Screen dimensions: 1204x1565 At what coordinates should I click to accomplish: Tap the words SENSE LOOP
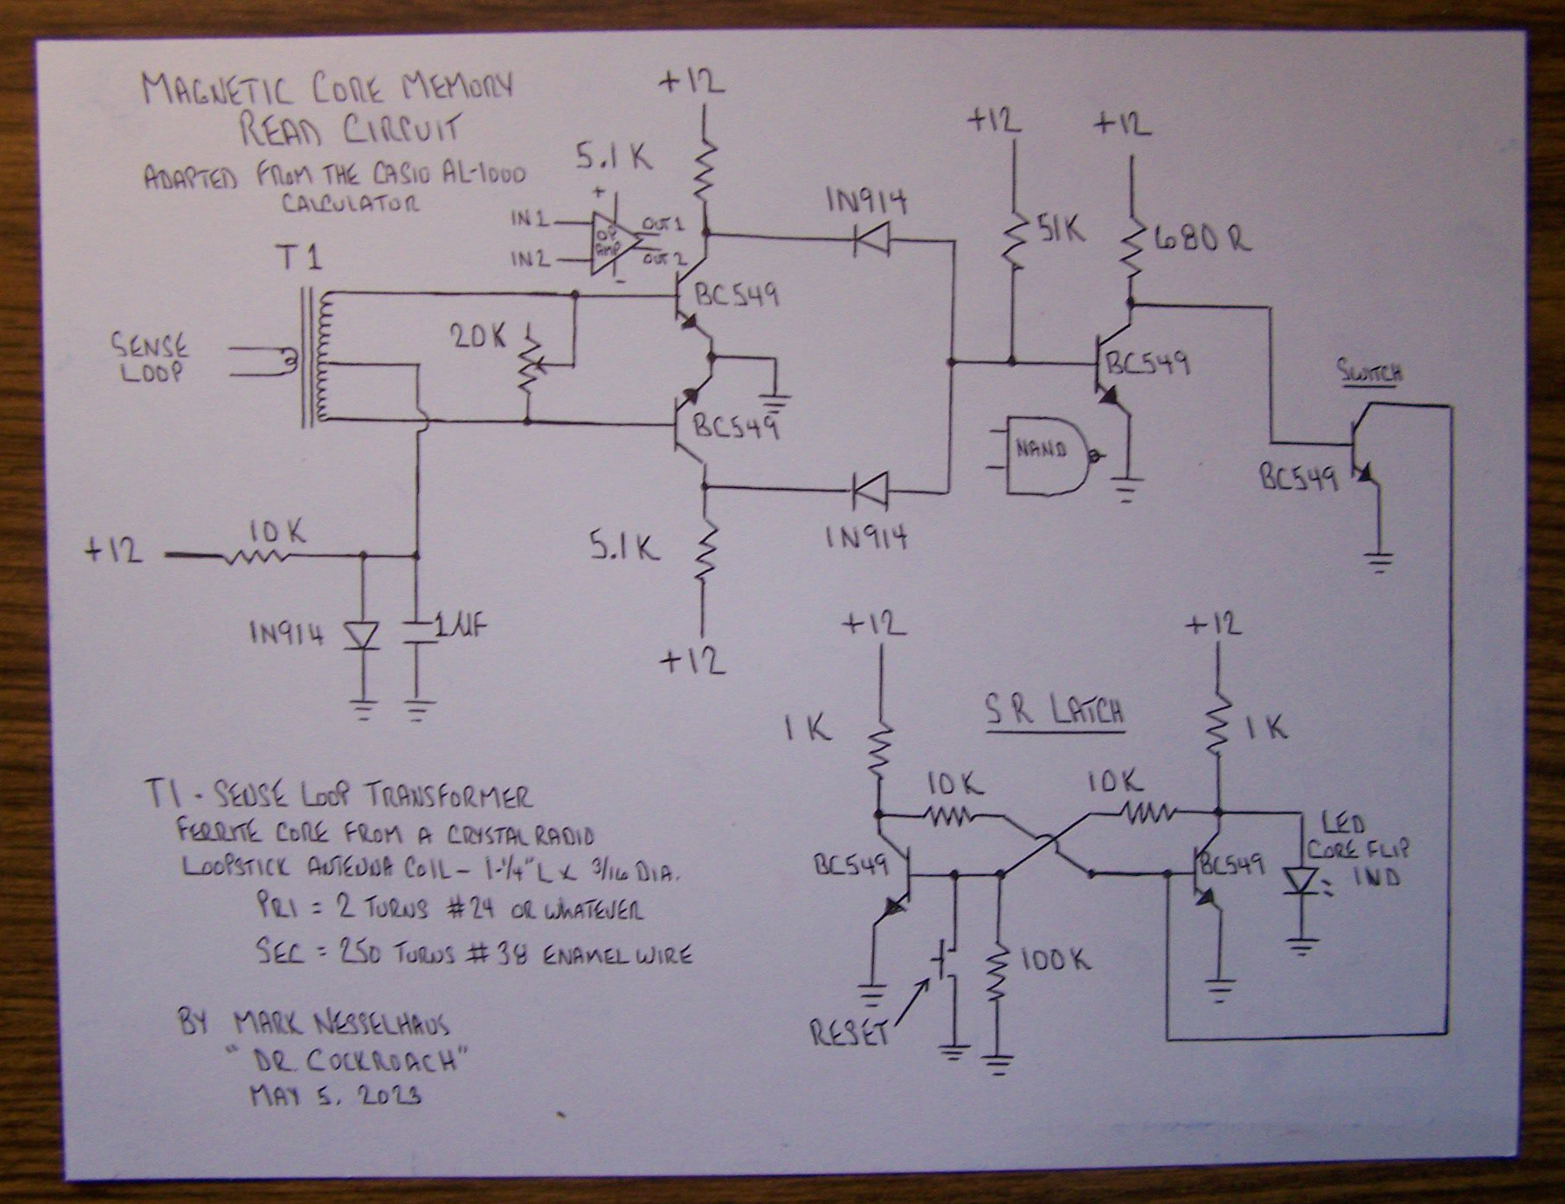tap(148, 358)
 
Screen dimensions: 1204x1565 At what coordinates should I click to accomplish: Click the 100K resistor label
tap(1055, 959)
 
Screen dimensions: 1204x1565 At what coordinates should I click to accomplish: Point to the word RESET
tap(850, 1032)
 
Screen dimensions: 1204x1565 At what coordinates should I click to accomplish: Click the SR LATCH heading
tap(1055, 713)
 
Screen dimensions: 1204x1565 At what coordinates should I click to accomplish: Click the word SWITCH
tap(1370, 373)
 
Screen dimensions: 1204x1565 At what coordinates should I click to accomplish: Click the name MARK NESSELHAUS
tap(339, 1024)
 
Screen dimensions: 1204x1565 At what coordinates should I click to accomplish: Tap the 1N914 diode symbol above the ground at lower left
tap(362, 637)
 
